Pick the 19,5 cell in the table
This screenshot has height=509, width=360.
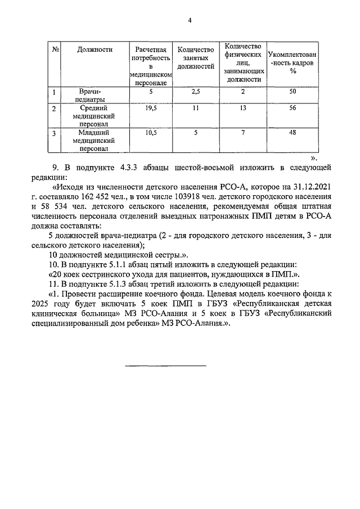[x=150, y=108]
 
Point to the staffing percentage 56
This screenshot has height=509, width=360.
[x=292, y=108]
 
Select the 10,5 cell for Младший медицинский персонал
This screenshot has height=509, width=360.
[x=150, y=133]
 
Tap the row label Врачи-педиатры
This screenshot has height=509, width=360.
[x=94, y=94]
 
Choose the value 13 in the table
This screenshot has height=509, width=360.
[x=242, y=108]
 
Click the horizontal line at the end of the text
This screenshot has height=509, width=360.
[x=165, y=366]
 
